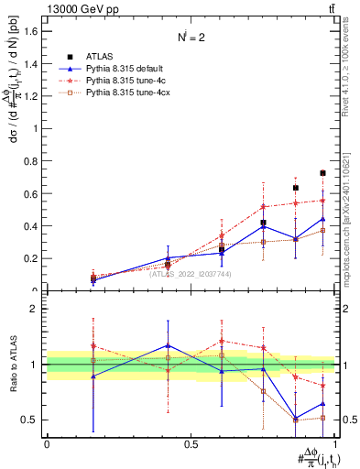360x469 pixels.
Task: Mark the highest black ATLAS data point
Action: click(x=322, y=172)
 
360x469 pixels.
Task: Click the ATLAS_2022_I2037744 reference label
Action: click(x=191, y=274)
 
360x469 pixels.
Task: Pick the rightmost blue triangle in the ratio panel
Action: click(x=322, y=404)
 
